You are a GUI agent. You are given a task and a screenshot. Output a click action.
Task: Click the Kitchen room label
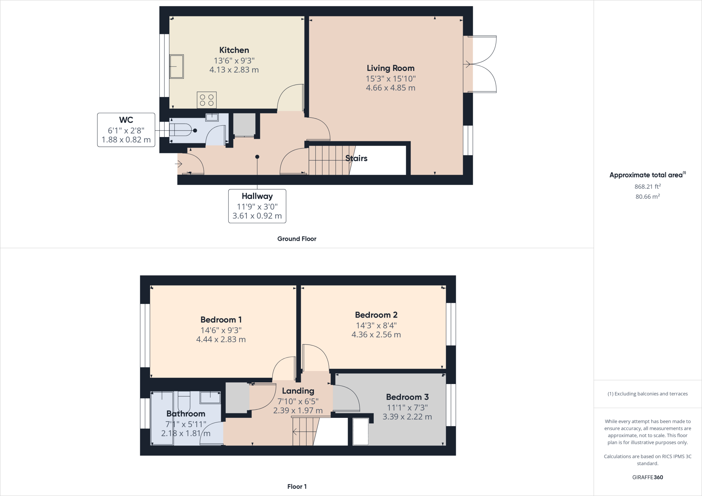click(234, 50)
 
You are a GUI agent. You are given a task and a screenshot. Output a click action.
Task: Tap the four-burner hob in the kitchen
click(206, 100)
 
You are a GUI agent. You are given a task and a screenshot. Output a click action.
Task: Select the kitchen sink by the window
click(177, 66)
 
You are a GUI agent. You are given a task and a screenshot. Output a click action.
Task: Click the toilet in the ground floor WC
click(180, 131)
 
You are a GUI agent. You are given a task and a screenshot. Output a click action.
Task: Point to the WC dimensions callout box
click(126, 130)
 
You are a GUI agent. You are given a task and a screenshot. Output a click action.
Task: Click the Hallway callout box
click(257, 206)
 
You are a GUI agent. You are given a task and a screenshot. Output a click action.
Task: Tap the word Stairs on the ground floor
click(356, 158)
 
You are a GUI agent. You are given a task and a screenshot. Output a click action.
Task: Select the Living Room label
click(390, 68)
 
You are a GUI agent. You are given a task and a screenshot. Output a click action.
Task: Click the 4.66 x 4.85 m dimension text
click(390, 88)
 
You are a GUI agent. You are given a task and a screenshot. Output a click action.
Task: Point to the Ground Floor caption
click(296, 239)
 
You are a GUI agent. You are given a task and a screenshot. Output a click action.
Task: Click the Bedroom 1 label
click(221, 320)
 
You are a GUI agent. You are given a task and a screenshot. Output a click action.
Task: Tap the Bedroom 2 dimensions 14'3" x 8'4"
click(376, 325)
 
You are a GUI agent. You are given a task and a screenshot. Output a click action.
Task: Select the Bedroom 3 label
click(407, 397)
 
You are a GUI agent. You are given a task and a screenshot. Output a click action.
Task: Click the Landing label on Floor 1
click(298, 391)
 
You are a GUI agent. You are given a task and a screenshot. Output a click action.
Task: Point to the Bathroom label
click(186, 413)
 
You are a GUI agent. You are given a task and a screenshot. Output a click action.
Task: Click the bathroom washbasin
click(210, 397)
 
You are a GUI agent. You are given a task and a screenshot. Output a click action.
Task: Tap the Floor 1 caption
click(297, 486)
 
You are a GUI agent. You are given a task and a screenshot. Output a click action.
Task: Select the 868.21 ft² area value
click(647, 187)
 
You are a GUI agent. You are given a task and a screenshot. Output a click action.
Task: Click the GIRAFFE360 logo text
click(647, 477)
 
